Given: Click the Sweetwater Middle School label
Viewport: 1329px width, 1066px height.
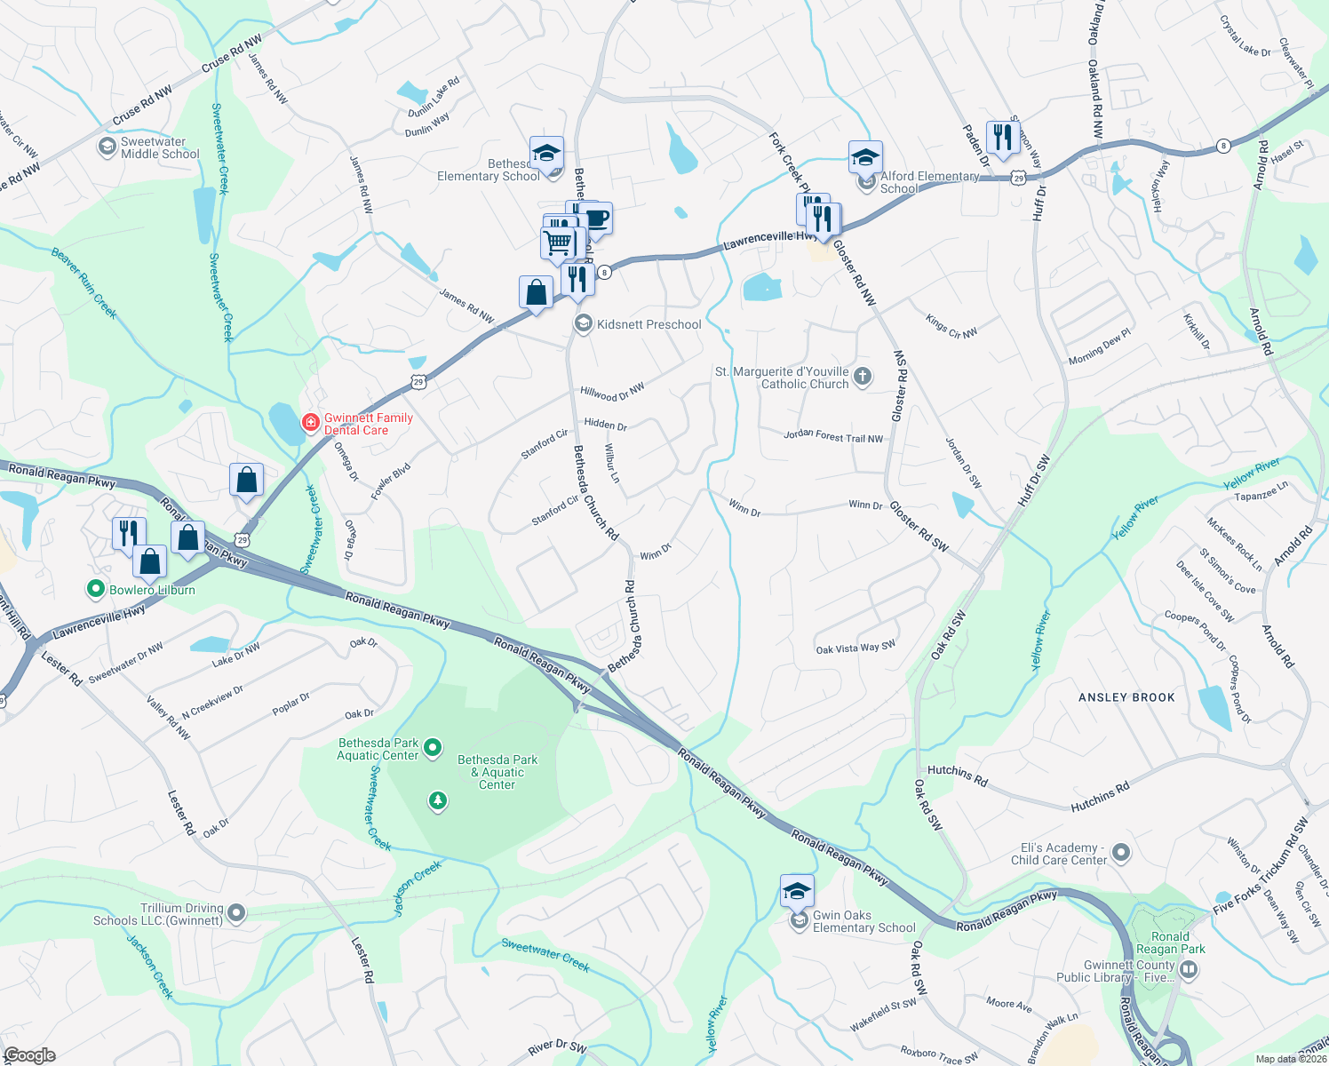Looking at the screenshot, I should click(160, 147).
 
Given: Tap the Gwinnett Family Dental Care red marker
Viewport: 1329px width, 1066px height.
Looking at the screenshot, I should click(310, 422).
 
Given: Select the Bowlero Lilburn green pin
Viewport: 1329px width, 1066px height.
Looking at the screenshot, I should click(96, 589).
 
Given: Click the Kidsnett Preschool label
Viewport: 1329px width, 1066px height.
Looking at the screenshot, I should click(649, 324).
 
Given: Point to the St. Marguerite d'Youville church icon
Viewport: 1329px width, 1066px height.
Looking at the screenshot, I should click(863, 378).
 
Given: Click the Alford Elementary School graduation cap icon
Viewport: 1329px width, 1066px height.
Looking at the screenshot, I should click(864, 157).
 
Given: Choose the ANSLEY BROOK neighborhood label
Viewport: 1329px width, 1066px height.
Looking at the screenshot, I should click(1126, 697).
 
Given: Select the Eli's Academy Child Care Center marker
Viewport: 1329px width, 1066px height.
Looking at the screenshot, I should click(1121, 854).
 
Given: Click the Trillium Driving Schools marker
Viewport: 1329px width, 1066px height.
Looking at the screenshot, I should click(236, 912).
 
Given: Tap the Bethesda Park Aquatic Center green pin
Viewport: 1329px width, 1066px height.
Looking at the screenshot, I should click(433, 748).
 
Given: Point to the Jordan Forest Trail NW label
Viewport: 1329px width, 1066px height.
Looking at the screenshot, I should click(833, 436).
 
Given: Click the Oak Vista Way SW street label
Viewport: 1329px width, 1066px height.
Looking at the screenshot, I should click(855, 648).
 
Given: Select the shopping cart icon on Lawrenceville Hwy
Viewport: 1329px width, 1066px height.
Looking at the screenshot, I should click(558, 242).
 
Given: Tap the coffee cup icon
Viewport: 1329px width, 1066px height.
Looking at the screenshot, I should click(596, 218).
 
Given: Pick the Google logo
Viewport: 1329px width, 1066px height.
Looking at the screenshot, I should click(28, 1055).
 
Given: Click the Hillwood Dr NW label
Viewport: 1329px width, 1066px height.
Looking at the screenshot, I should click(612, 392).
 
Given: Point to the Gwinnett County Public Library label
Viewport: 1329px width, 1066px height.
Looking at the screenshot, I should click(1129, 971).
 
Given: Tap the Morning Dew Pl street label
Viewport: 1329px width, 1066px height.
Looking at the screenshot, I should click(1099, 346).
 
